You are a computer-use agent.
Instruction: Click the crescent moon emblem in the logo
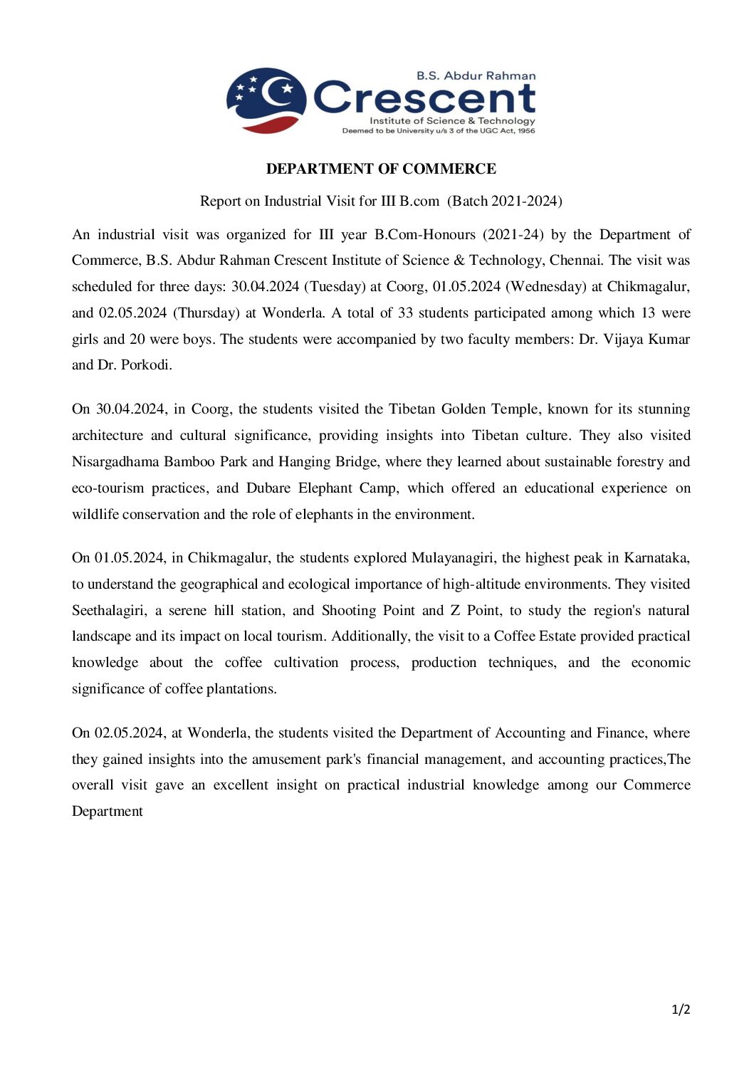(x=267, y=100)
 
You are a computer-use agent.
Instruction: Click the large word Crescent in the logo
(x=424, y=98)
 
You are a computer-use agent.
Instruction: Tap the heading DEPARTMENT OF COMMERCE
(x=381, y=169)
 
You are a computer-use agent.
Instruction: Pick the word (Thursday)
(x=206, y=313)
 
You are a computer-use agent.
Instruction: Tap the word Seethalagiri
(x=109, y=611)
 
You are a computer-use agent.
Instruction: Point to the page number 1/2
(x=681, y=1009)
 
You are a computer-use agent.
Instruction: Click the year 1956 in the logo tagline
(x=526, y=131)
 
